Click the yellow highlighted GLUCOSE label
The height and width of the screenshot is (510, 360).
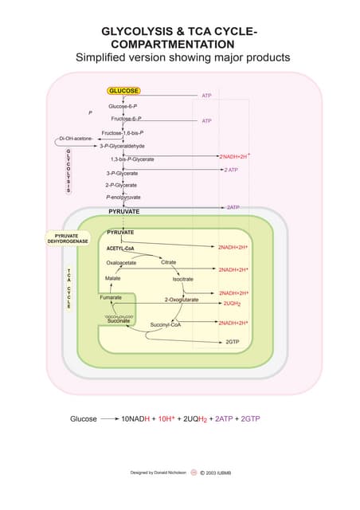(123, 91)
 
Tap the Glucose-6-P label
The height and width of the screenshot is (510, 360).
(123, 106)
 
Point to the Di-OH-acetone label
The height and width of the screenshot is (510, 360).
(75, 139)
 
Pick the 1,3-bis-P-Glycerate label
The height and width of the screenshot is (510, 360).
(132, 159)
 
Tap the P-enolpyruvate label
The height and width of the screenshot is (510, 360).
(123, 197)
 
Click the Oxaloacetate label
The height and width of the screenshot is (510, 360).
(121, 262)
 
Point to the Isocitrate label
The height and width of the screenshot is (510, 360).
(183, 279)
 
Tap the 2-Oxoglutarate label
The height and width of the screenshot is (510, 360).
(181, 300)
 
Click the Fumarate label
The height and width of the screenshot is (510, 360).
(111, 297)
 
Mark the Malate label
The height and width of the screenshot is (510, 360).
(112, 278)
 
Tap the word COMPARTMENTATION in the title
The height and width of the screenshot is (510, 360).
(166, 44)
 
